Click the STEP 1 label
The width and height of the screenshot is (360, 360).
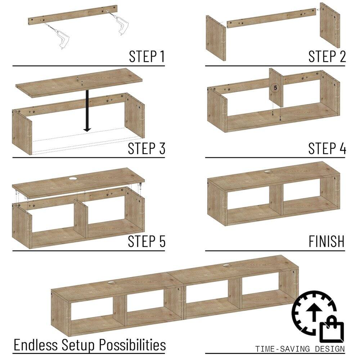click(147, 57)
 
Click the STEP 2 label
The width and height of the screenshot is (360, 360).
click(327, 57)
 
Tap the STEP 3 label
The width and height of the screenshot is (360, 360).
click(147, 148)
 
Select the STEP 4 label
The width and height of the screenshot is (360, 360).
click(327, 148)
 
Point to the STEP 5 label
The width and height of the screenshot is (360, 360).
click(147, 241)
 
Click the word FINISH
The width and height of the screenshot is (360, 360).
click(327, 241)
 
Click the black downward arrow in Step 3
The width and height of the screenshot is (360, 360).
click(86, 112)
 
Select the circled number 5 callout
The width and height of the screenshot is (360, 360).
click(275, 87)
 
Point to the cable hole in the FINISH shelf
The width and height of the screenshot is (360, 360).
click(267, 172)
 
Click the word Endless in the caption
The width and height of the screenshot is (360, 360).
click(36, 345)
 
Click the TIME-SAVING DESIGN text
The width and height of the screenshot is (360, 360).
click(300, 349)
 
